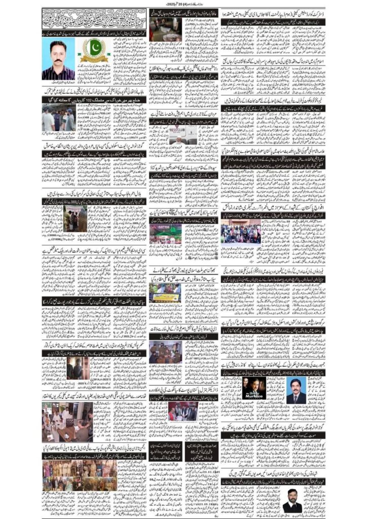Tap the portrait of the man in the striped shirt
tap(59, 59)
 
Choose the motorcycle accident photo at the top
tap(165, 32)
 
